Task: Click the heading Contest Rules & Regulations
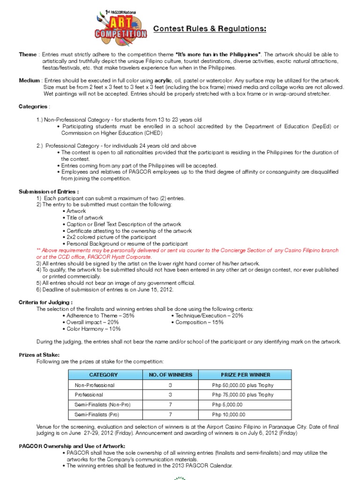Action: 210,30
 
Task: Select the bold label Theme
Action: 27,55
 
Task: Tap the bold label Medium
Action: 29,81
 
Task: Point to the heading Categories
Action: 33,107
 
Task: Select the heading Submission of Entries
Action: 49,192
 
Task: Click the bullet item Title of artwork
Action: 85,217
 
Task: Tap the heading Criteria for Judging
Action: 45,303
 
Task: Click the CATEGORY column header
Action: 104,375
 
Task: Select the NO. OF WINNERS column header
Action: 170,375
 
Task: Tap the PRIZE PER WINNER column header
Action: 245,375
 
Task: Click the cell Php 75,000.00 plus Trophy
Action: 242,395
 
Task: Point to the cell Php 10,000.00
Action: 229,414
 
